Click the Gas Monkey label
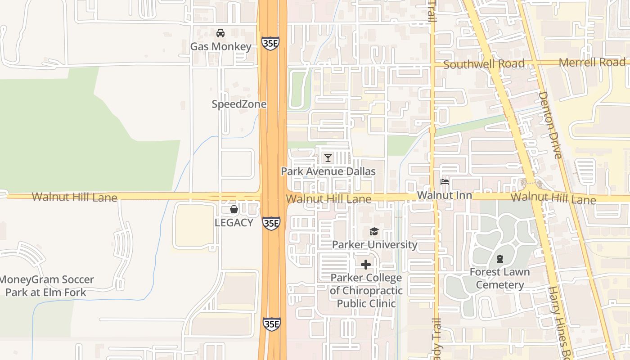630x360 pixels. [x=220, y=46]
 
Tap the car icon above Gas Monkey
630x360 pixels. [x=220, y=33]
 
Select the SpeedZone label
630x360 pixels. [x=239, y=104]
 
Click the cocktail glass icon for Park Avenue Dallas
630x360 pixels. [x=328, y=158]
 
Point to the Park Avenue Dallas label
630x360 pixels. [x=328, y=171]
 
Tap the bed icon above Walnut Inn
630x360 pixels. [x=445, y=182]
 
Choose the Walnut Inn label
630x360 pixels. [x=445, y=195]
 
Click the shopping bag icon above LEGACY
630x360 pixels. [x=234, y=209]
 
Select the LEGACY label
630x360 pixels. [x=234, y=222]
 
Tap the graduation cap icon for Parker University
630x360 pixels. [x=374, y=232]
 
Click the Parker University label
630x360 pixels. [x=374, y=245]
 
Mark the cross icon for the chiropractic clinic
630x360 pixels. [x=366, y=265]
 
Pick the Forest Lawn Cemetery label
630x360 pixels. [x=500, y=279]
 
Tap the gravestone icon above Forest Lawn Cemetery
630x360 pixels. [x=500, y=259]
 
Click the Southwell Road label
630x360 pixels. [x=484, y=64]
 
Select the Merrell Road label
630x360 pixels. [x=592, y=63]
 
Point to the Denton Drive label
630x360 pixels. [x=550, y=125]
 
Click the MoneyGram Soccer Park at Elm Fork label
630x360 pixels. [x=46, y=286]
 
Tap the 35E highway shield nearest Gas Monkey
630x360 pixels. [x=270, y=44]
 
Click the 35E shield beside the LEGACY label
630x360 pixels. [x=271, y=223]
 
